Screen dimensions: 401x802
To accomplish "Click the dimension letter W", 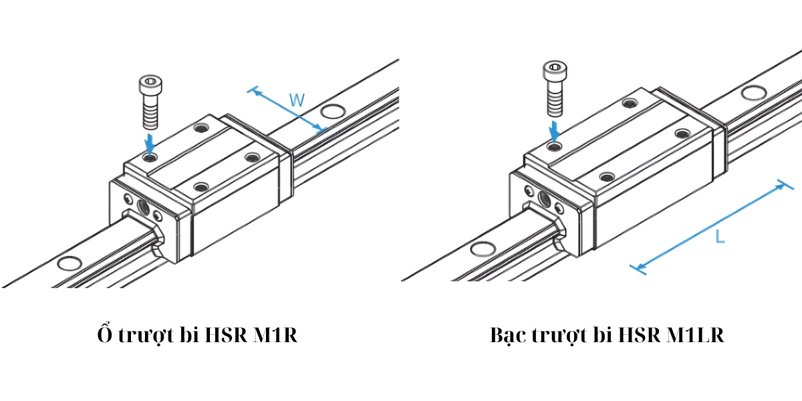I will click(x=297, y=101).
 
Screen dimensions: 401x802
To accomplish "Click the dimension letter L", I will click(x=719, y=236).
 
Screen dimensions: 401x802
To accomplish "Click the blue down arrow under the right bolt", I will click(x=555, y=130).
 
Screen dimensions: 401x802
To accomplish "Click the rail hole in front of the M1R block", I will click(x=68, y=263).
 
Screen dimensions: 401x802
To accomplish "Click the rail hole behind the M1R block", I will click(x=331, y=110).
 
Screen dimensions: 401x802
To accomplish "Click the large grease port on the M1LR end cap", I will click(x=544, y=198).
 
